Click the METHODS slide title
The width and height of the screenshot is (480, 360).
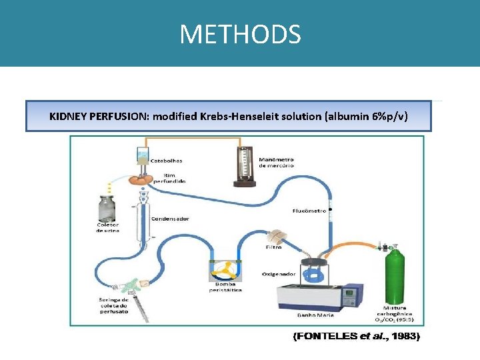point(240,34)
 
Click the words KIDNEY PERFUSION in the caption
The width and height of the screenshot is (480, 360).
point(99,117)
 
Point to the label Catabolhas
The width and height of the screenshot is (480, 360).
point(167,160)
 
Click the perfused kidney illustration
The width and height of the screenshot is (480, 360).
point(142,179)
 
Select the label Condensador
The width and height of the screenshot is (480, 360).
point(170,219)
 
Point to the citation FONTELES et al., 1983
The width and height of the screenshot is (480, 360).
point(357,337)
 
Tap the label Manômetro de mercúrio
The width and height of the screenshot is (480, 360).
point(276,163)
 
